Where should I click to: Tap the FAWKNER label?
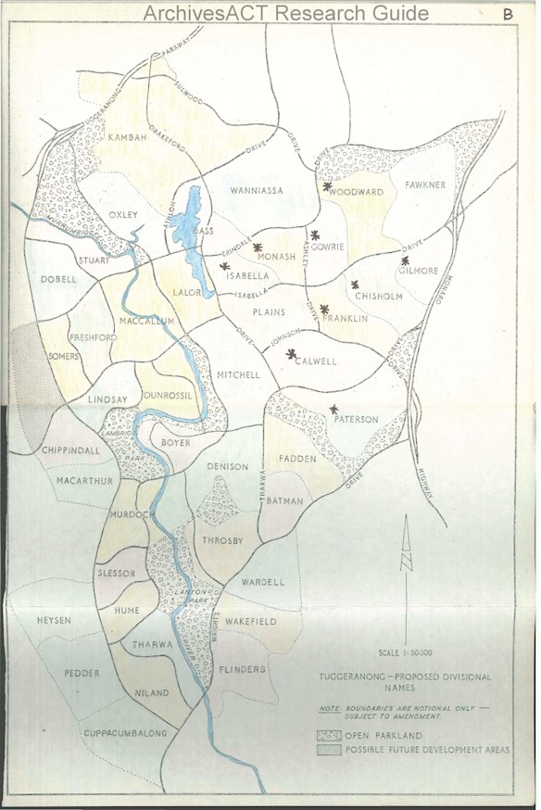[425, 185]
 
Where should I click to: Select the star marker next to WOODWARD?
[327, 186]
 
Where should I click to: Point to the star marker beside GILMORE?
[406, 260]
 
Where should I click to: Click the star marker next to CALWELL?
[292, 353]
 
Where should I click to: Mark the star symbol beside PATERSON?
[334, 409]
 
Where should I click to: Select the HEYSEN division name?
[53, 620]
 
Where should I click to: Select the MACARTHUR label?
[84, 481]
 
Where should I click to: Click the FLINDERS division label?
[244, 669]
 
